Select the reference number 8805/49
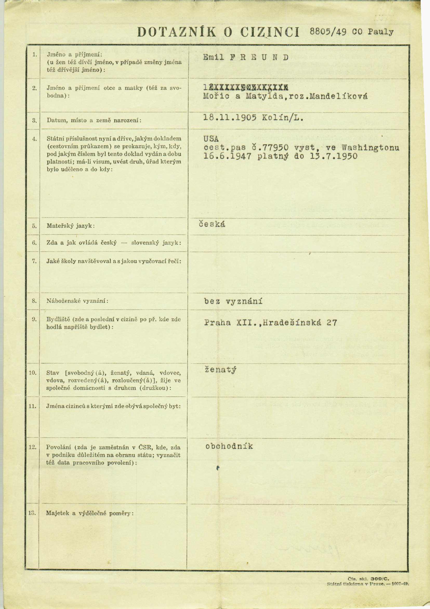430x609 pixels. coord(328,32)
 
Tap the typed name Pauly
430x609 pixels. coord(381,32)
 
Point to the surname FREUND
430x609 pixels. coord(259,57)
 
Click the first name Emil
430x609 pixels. coord(213,57)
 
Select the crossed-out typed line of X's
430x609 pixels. coord(246,87)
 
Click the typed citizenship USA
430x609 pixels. coord(211,139)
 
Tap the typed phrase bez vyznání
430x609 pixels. coord(233,301)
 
